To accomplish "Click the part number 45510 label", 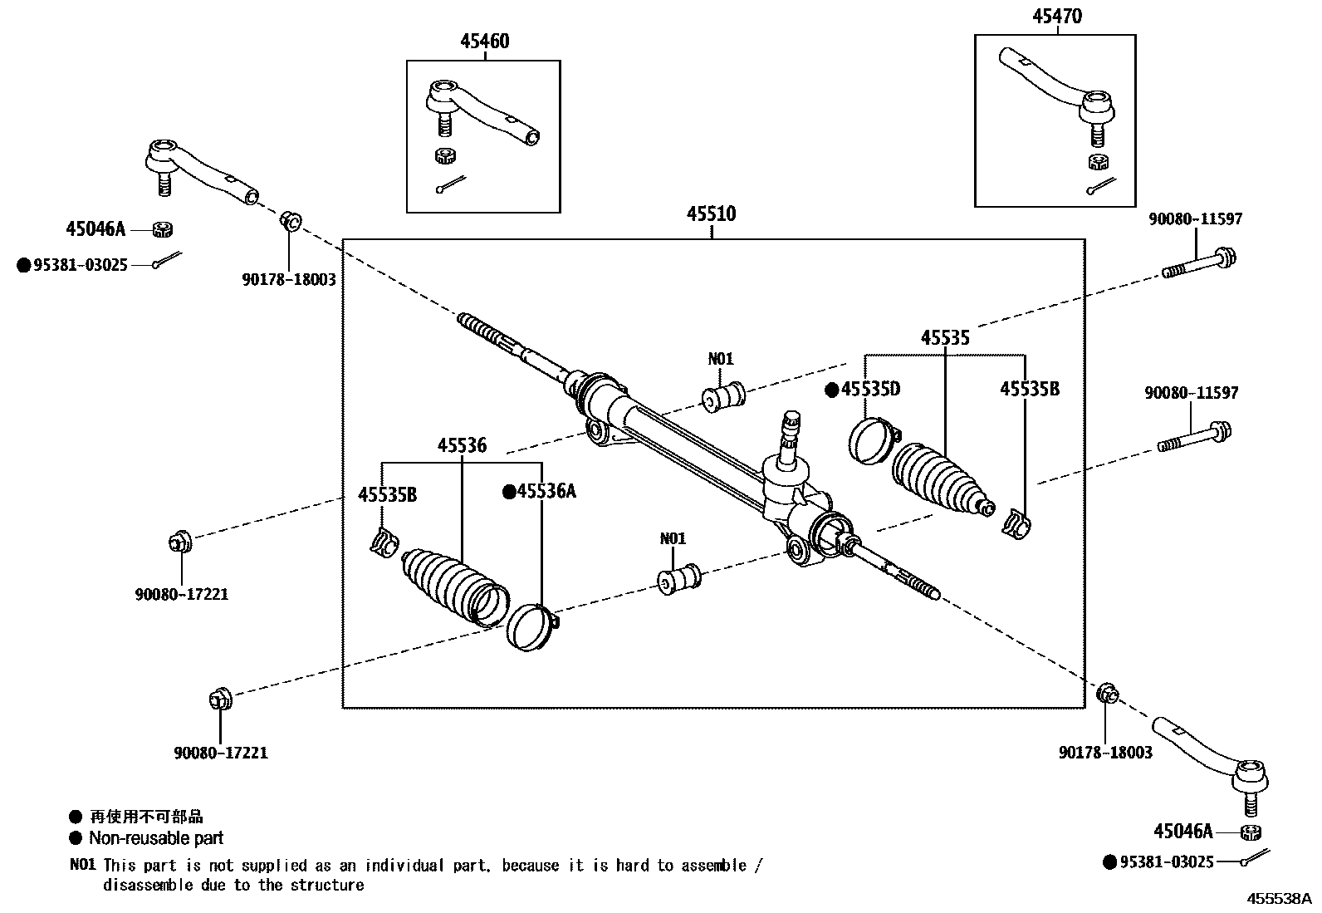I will (711, 214).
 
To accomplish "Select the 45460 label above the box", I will (484, 42).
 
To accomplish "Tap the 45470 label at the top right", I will (1057, 17).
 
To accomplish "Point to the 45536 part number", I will (462, 445).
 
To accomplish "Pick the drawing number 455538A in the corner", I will (1279, 898).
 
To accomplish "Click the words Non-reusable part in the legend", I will (156, 838).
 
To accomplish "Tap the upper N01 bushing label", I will (721, 359).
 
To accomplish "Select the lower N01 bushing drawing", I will (678, 577).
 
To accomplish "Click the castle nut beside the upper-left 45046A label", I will (164, 228).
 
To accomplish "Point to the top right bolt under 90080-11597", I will (1200, 263).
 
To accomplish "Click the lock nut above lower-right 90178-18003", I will (1108, 694).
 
